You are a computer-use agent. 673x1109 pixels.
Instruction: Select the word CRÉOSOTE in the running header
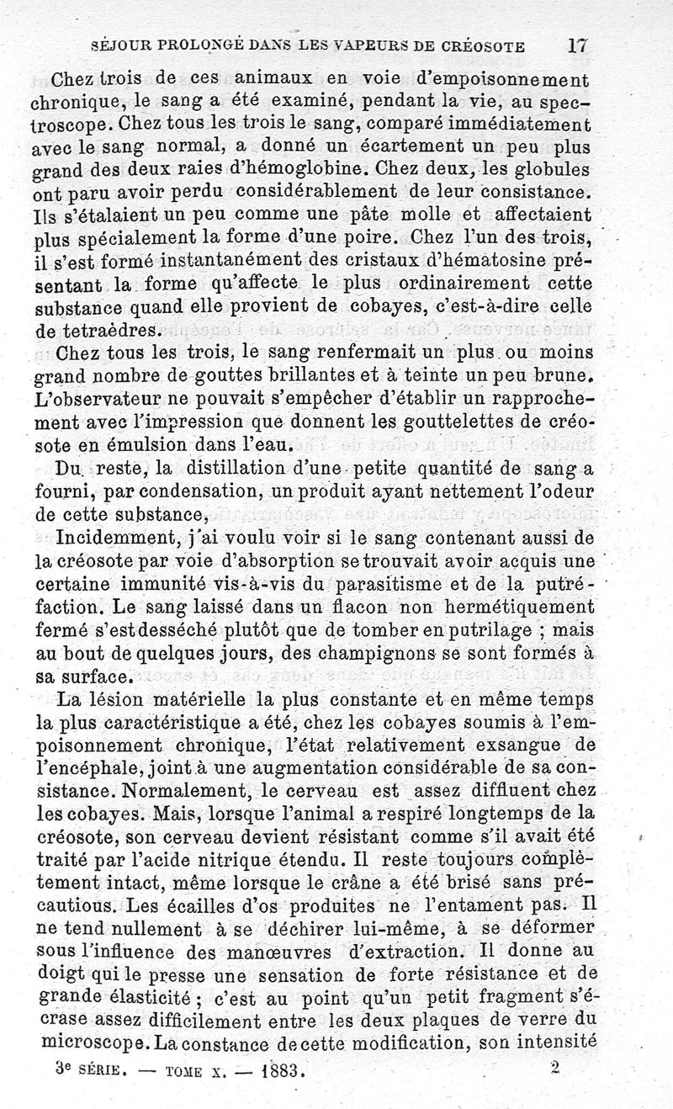tap(480, 46)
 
